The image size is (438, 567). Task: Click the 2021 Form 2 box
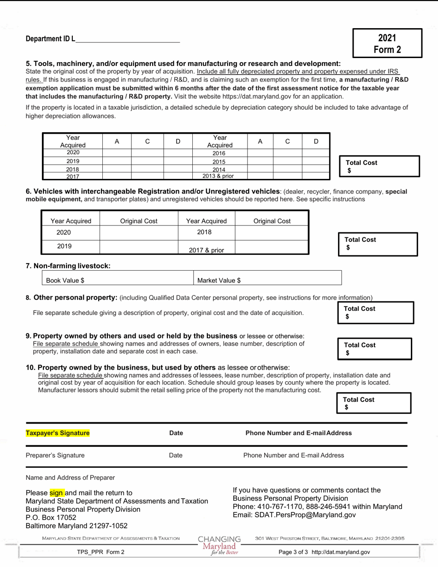coord(387,43)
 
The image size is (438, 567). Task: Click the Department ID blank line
coord(127,39)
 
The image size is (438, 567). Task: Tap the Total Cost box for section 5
coord(379,166)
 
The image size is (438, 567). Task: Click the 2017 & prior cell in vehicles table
coord(206,250)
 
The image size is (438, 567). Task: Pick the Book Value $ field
coord(118,280)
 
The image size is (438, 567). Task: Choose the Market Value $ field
coord(267,280)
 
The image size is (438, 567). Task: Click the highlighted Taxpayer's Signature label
coord(58,433)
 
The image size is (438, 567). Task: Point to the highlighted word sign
coord(56,492)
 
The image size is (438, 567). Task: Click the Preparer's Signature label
coord(55,455)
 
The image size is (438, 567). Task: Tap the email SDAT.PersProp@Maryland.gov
coord(294,515)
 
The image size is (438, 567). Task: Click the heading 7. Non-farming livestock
coord(68,266)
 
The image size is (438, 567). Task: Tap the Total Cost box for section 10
coord(374,403)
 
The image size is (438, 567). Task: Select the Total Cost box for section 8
coord(376,313)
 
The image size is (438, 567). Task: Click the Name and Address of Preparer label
coord(70,478)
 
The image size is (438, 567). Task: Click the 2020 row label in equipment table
coord(73,153)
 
